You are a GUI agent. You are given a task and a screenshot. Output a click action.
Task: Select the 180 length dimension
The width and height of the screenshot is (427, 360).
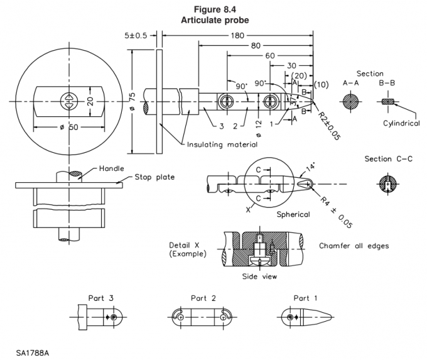(x=237, y=35)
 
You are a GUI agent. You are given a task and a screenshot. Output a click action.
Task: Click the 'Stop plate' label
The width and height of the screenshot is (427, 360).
(x=153, y=178)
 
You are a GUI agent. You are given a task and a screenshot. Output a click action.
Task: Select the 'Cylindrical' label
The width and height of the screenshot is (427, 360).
(x=401, y=124)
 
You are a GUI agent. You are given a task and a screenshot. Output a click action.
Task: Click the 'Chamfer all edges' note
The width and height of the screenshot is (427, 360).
(x=354, y=246)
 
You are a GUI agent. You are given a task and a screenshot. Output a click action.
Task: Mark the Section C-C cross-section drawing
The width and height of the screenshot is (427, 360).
(x=387, y=183)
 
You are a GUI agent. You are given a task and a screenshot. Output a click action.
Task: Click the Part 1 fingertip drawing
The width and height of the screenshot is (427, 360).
(x=307, y=318)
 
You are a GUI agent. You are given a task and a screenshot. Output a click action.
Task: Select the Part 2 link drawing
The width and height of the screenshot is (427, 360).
(x=202, y=318)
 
